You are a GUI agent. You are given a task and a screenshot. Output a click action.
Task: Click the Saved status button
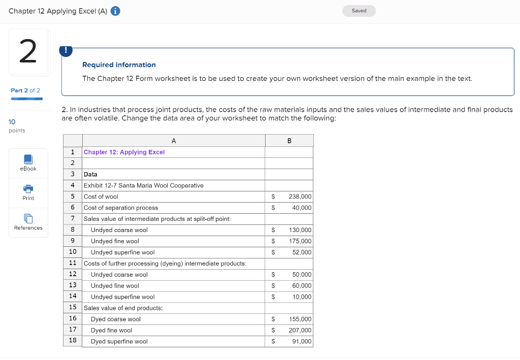pyautogui.click(x=359, y=11)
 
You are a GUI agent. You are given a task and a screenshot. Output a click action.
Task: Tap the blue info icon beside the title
pyautogui.click(x=115, y=11)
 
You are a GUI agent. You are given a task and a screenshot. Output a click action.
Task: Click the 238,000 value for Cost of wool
pyautogui.click(x=300, y=197)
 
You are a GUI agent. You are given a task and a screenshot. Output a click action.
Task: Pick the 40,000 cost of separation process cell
pyautogui.click(x=302, y=208)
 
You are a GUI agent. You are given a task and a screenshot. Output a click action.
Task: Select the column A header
pyautogui.click(x=174, y=141)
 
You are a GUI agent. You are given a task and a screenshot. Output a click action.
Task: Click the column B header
pyautogui.click(x=289, y=141)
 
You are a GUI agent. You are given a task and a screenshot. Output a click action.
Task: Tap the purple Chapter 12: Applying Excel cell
pyautogui.click(x=124, y=152)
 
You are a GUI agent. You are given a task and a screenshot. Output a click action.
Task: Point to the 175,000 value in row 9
pyautogui.click(x=300, y=241)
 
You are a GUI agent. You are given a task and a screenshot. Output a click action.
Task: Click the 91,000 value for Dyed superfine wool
pyautogui.click(x=302, y=342)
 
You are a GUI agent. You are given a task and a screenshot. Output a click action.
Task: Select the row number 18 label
pyautogui.click(x=73, y=340)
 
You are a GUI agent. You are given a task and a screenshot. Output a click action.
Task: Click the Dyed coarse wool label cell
pyautogui.click(x=116, y=319)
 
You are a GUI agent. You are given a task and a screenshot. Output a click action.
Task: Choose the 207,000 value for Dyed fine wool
pyautogui.click(x=300, y=331)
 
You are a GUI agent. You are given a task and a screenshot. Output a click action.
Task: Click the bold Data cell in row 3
pyautogui.click(x=90, y=174)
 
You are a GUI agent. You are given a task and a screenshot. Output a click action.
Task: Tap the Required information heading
pyautogui.click(x=119, y=65)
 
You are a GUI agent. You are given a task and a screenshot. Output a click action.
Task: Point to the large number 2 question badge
pyautogui.click(x=28, y=52)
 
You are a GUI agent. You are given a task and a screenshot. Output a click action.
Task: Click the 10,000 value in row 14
pyautogui.click(x=302, y=297)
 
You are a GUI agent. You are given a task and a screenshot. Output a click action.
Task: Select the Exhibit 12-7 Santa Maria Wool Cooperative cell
pyautogui.click(x=144, y=185)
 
